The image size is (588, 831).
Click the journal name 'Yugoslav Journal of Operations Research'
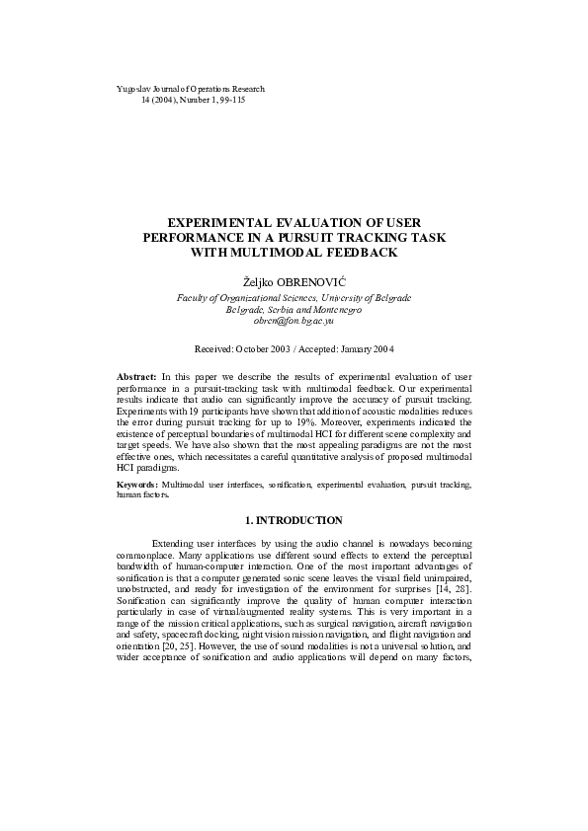pos(191,89)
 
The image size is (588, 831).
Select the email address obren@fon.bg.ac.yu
pos(294,321)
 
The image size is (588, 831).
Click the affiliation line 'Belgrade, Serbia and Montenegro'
pos(294,309)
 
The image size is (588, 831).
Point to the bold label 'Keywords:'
pos(137,486)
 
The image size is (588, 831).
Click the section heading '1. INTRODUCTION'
pos(294,520)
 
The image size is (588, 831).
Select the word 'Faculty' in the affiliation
pos(193,297)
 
